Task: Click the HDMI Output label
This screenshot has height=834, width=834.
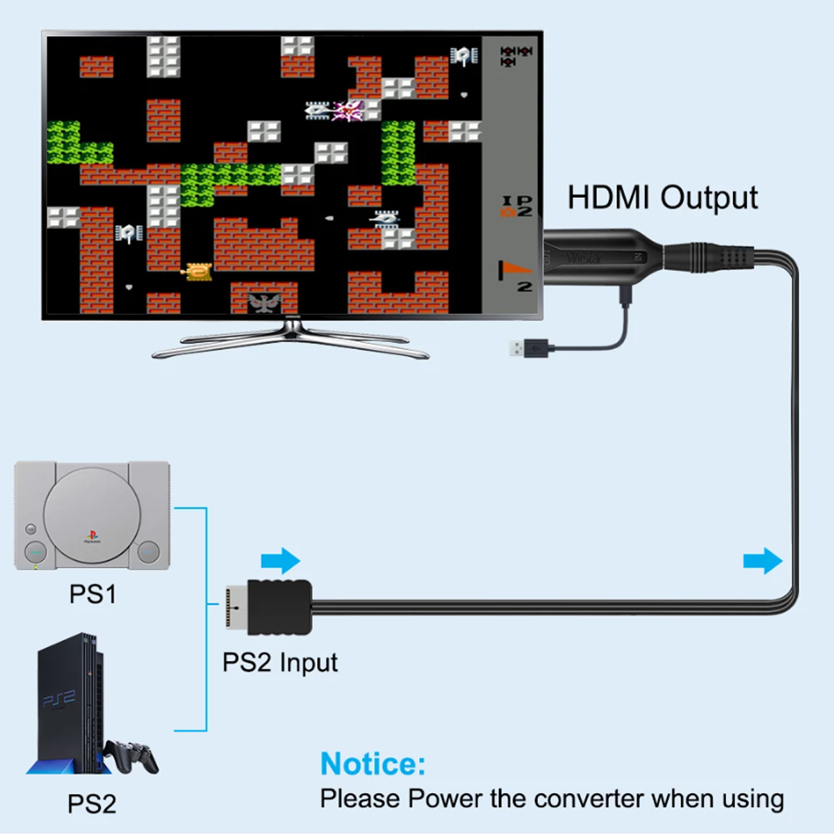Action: click(662, 198)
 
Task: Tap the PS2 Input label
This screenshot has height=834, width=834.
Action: click(279, 662)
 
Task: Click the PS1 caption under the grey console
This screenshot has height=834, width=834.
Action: click(92, 594)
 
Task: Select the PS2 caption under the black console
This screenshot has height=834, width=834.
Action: click(92, 803)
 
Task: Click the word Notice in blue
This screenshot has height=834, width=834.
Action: click(373, 764)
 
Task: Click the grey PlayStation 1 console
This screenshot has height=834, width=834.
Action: click(92, 515)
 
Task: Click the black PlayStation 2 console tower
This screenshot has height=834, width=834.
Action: click(68, 702)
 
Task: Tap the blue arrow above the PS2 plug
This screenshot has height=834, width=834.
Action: click(281, 560)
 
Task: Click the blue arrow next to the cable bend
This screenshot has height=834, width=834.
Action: click(762, 560)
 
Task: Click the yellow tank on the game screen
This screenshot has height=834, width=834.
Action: click(197, 271)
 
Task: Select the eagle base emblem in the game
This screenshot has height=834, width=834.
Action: click(264, 302)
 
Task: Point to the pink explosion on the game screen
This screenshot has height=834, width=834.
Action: click(348, 110)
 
